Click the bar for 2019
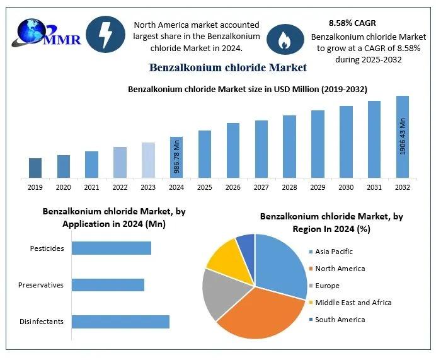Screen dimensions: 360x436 35,168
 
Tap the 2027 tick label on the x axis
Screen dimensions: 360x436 261,187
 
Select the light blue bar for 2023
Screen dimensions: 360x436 148,160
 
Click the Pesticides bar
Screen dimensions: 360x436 112,248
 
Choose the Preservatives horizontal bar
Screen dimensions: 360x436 108,284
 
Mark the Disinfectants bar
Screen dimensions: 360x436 120,322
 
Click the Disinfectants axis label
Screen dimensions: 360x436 42,322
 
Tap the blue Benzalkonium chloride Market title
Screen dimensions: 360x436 227,67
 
